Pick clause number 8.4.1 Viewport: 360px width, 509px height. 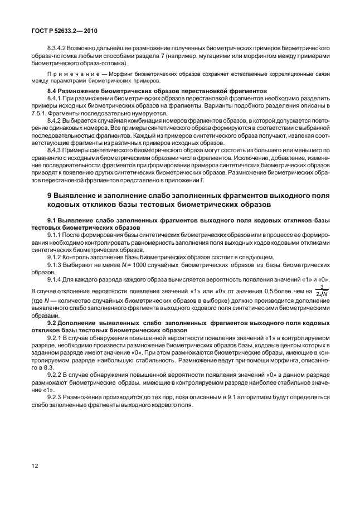click(56, 98)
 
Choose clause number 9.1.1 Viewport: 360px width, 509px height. click(56, 236)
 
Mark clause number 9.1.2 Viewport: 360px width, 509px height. click(56, 258)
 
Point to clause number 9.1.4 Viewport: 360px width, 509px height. click(56, 279)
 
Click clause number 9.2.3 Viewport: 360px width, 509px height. click(56, 398)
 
